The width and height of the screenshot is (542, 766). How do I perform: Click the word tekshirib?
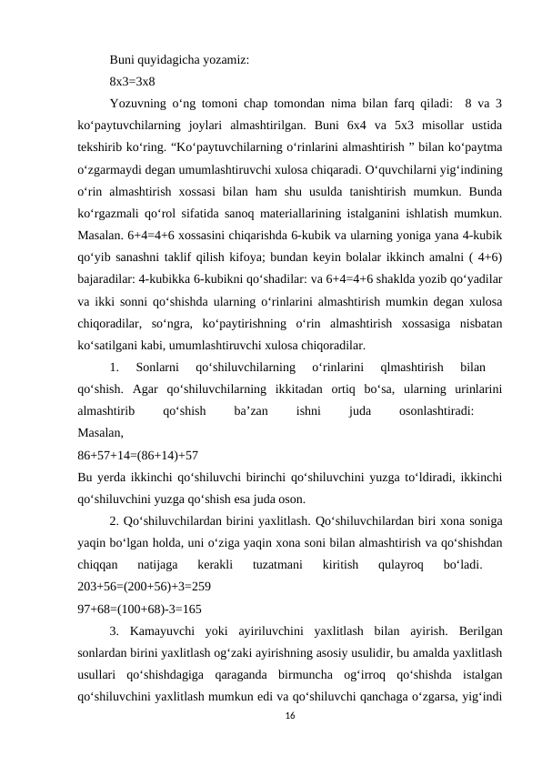102,144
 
